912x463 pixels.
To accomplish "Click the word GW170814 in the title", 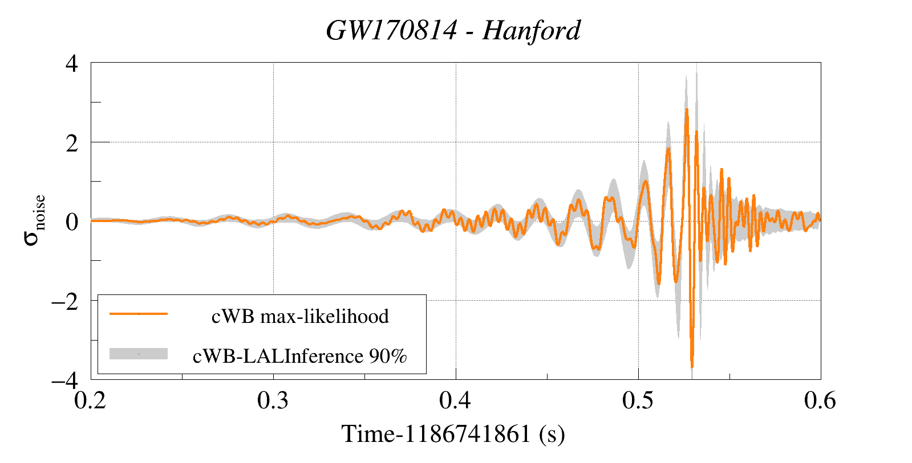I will pyautogui.click(x=391, y=31).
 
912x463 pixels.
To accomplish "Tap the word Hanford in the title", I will pyautogui.click(x=531, y=31).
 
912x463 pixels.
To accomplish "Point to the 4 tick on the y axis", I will pyautogui.click(x=72, y=63).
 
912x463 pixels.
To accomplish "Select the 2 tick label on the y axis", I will pyautogui.click(x=72, y=143).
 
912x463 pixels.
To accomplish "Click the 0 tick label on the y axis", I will pyautogui.click(x=72, y=222).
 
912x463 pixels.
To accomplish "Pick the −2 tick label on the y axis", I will pyautogui.click(x=64, y=301).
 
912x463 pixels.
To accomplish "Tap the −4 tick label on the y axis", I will pyautogui.click(x=64, y=380).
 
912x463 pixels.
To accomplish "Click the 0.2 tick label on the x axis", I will pyautogui.click(x=90, y=401).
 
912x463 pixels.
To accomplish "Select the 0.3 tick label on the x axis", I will pyautogui.click(x=273, y=401).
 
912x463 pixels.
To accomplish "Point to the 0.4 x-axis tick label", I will pyautogui.click(x=455, y=401).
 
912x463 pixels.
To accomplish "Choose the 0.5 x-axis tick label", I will pyautogui.click(x=638, y=401).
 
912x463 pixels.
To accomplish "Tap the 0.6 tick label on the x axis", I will pyautogui.click(x=820, y=401).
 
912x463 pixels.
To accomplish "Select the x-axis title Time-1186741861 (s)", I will pyautogui.click(x=453, y=434).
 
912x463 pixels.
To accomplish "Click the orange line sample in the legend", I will pyautogui.click(x=139, y=314).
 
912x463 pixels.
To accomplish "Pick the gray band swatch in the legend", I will pyautogui.click(x=139, y=354).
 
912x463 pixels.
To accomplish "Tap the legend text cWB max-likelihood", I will pyautogui.click(x=300, y=316).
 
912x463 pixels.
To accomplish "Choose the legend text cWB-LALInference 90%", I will pyautogui.click(x=300, y=356).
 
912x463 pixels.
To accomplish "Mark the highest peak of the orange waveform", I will pyautogui.click(x=687, y=109).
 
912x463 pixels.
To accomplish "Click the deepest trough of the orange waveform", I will pyautogui.click(x=692, y=366).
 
